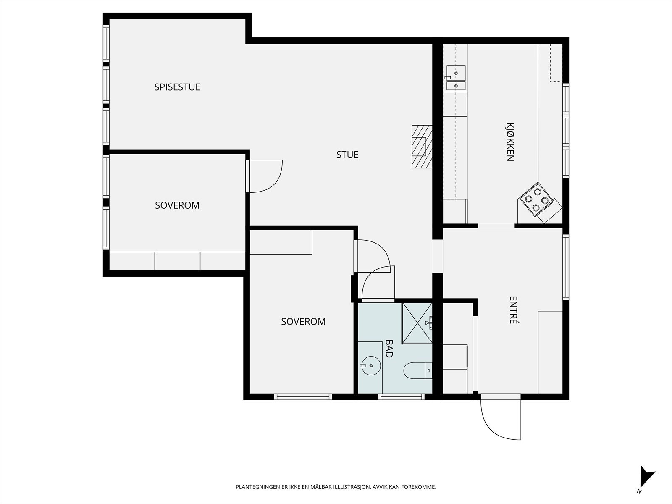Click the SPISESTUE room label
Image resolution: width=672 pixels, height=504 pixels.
point(177,87)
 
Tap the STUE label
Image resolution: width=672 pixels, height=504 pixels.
point(347,155)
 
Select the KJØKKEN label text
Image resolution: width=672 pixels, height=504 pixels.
point(510,142)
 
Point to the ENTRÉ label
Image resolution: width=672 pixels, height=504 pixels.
point(513,310)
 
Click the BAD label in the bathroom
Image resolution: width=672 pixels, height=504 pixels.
point(389,349)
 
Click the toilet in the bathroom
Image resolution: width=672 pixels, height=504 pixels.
point(417,370)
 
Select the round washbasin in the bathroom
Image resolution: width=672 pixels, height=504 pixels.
point(371,366)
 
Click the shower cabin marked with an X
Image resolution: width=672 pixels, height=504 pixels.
point(417,323)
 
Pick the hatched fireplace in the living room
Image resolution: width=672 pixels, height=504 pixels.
point(422,147)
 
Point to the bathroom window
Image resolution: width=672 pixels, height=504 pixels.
point(401,397)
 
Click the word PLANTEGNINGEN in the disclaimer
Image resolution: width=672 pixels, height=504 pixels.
point(258,487)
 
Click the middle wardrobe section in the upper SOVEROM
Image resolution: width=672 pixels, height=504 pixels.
point(178,261)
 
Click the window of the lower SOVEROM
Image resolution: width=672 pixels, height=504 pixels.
point(303,397)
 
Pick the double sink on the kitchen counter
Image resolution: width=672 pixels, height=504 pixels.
point(456,78)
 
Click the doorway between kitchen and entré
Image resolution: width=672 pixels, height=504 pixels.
point(496,226)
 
